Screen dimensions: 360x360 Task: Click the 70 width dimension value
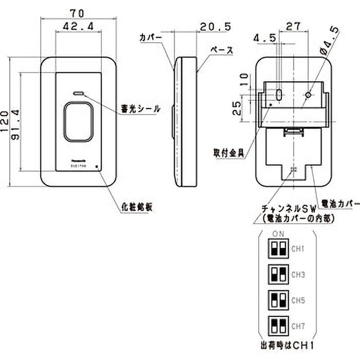coord(78,8)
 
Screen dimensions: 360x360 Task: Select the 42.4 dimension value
coord(78,27)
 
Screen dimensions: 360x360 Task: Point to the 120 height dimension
coord(5,121)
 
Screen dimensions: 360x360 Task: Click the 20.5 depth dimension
coord(216,27)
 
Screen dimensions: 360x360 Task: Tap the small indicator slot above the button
coord(78,93)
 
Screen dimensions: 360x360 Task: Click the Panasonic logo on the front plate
coord(78,160)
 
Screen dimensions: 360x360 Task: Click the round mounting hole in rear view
coord(308,95)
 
